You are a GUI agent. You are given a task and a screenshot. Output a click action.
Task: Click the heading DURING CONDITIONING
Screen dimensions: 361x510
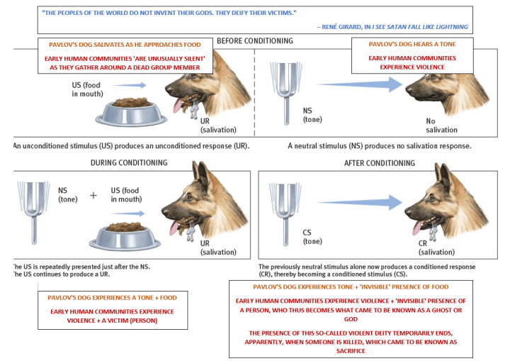pos(128,162)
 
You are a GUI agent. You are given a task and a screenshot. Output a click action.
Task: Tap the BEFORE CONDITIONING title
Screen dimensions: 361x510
pos(255,40)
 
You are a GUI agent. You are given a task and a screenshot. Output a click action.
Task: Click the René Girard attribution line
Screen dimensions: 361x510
pos(393,26)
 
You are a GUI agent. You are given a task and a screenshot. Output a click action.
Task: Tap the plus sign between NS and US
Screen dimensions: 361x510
pos(93,195)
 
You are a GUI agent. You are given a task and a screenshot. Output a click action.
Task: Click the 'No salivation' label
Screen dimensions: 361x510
pos(441,126)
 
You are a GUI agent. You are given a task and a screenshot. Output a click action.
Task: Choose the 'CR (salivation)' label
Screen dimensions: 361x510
pos(437,248)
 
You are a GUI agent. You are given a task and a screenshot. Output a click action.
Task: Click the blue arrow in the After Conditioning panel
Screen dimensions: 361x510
pos(354,203)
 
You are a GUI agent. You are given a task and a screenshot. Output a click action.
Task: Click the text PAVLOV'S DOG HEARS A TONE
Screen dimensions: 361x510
pos(403,45)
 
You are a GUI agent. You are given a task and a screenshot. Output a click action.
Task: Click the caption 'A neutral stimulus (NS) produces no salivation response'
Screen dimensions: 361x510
pos(378,145)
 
